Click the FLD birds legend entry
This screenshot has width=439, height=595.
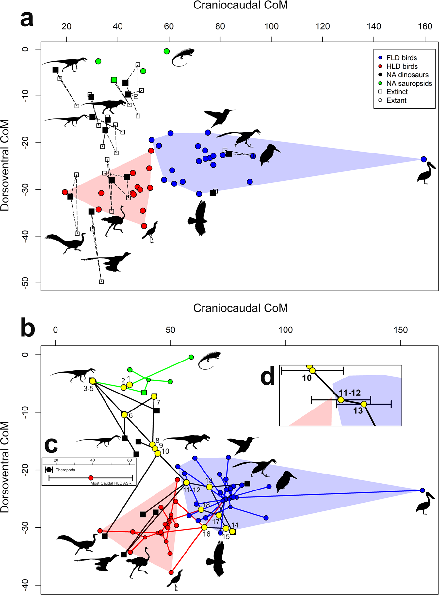point(401,58)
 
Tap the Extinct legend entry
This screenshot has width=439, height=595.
point(397,92)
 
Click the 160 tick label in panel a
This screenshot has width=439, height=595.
point(425,26)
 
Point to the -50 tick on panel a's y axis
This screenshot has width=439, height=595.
point(25,283)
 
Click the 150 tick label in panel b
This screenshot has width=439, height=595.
point(400,330)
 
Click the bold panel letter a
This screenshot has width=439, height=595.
point(27,19)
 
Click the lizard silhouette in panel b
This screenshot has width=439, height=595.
point(209,360)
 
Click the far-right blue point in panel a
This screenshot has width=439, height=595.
point(424,159)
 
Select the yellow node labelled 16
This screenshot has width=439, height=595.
point(204,527)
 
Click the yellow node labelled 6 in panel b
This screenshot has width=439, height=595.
point(124,415)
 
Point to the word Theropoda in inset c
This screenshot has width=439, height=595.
point(65,470)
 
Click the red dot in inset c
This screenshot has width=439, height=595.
point(91,478)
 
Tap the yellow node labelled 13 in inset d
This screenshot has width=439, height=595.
point(364,404)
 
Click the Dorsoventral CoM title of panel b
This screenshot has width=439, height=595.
point(5,467)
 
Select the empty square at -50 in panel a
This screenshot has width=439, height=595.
point(101,281)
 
